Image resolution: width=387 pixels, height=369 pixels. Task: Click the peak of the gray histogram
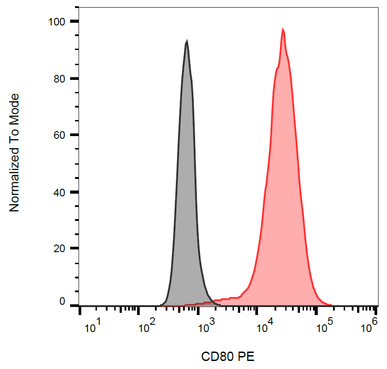coord(187,41)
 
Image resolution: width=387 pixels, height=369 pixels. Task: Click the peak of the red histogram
coord(283,29)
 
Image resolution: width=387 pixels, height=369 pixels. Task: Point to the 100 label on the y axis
coord(58,22)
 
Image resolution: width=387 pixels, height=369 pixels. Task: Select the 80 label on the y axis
coord(61,79)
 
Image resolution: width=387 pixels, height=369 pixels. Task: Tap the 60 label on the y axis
coord(61,135)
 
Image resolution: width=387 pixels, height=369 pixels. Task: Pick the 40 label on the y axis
coord(61,192)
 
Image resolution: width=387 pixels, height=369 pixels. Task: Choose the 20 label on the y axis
coord(61,249)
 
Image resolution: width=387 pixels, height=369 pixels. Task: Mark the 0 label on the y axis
coord(63,302)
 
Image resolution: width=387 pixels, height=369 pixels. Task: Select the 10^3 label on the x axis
coord(206,328)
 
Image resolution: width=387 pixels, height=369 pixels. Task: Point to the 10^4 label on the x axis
coord(265,328)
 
